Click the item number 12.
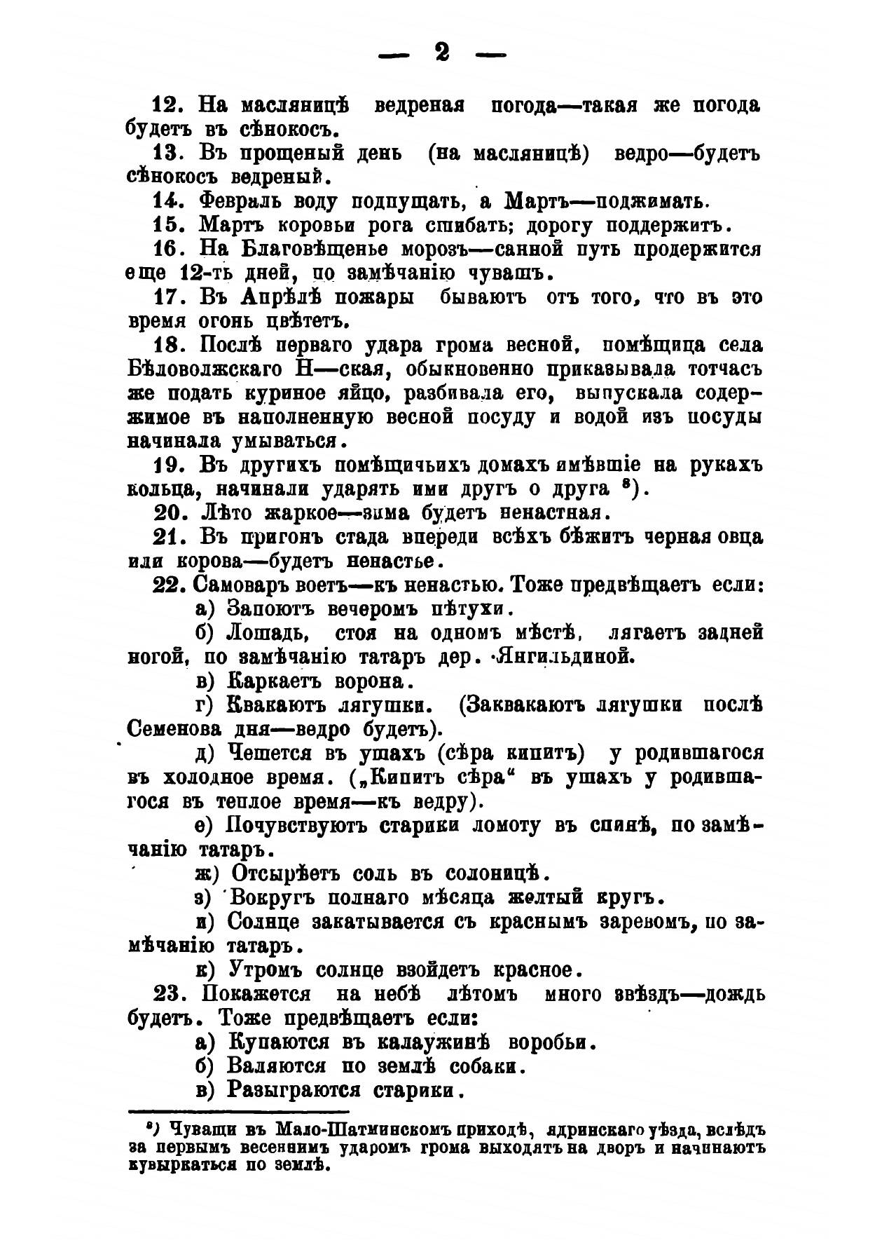[x=168, y=105]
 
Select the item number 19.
[x=168, y=465]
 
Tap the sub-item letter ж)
[x=208, y=874]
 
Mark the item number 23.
[x=169, y=995]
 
